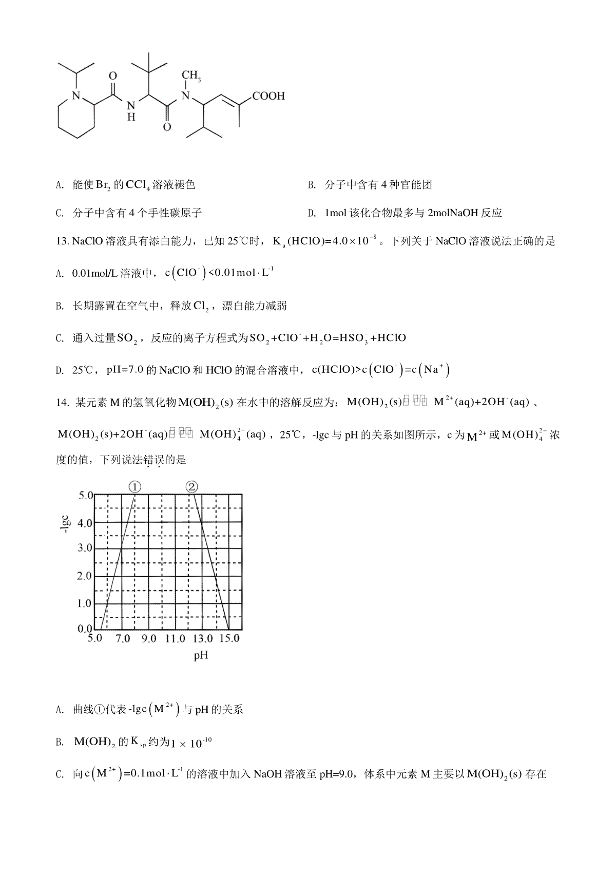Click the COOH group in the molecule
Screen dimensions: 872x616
(x=268, y=96)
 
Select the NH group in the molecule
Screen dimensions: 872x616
(x=131, y=110)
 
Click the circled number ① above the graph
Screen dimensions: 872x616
(x=134, y=487)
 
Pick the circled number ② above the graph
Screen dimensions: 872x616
(x=191, y=487)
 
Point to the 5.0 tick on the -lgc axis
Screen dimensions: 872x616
(x=85, y=496)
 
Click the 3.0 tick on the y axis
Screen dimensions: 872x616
(x=85, y=548)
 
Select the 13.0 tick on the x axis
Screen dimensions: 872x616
(x=202, y=639)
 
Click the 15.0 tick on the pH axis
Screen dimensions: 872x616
(x=229, y=639)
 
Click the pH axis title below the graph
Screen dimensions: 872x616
(x=201, y=656)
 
